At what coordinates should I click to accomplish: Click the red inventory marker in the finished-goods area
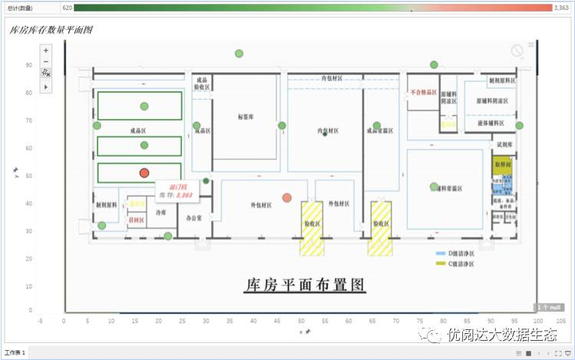coord(144,173)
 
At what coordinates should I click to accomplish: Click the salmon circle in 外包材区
coord(287,198)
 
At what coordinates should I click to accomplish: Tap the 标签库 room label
coord(245,117)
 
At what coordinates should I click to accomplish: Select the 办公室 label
coord(194,218)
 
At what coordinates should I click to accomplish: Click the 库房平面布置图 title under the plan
coord(304,285)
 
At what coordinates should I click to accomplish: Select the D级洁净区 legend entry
coord(461,253)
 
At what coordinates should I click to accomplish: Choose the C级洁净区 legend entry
coord(461,263)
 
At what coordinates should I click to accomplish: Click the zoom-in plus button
coord(46,51)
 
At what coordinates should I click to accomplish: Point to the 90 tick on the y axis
coord(28,65)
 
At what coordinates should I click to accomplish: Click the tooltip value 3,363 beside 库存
coord(184,196)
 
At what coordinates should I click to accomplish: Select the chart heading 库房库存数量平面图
coord(51,30)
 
